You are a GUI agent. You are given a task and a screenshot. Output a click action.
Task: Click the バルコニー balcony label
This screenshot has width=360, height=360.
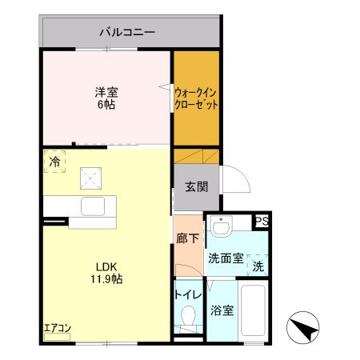click(x=127, y=33)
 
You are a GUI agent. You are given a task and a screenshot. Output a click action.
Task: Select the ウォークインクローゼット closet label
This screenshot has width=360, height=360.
click(x=196, y=98)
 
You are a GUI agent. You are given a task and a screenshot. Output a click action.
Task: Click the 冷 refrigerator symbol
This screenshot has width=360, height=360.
click(x=54, y=161)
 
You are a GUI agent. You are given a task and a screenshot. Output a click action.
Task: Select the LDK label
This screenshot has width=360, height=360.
click(x=107, y=267)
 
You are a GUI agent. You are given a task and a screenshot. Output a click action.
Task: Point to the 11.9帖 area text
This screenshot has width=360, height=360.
click(x=107, y=280)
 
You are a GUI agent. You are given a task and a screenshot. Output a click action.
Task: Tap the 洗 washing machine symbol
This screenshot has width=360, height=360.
click(x=258, y=266)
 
